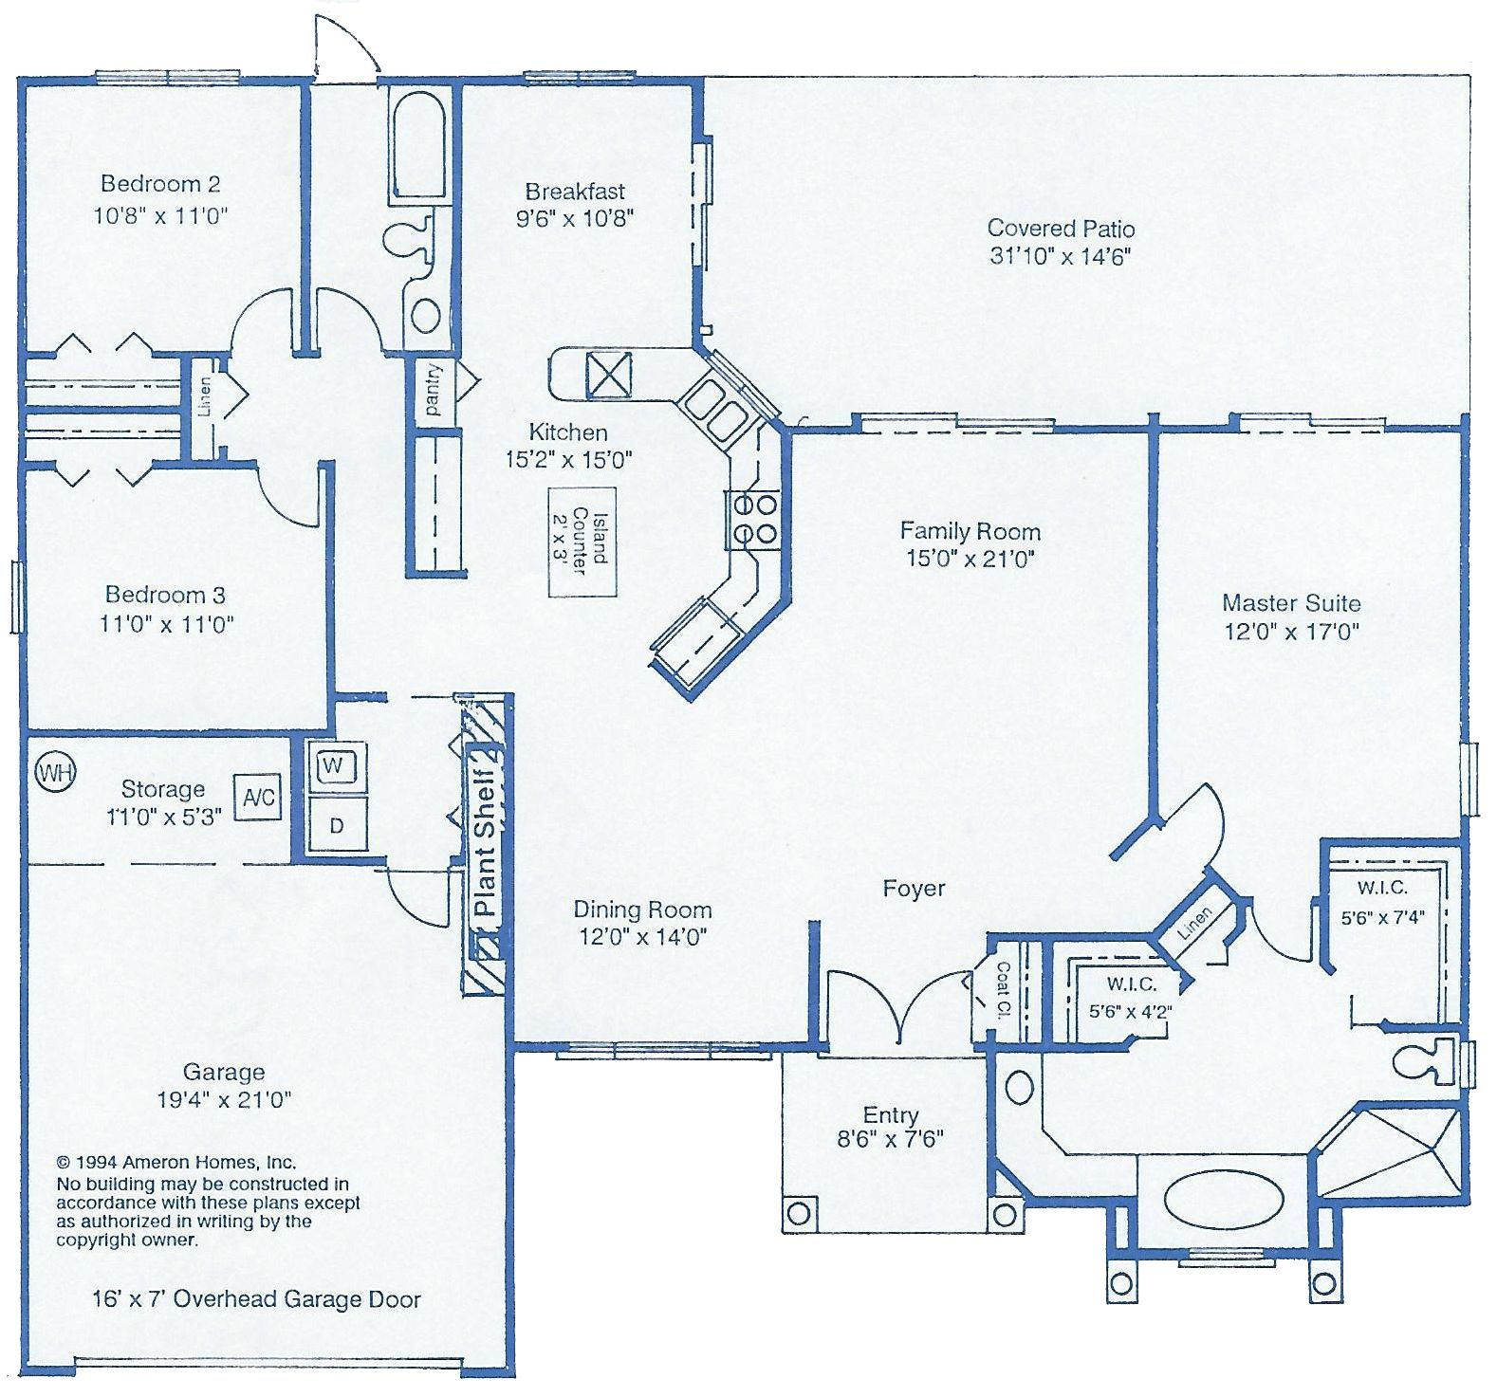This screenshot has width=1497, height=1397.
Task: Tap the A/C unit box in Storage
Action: coord(258,798)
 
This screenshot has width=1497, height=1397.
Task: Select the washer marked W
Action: coord(334,764)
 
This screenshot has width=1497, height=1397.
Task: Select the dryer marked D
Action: coord(335,824)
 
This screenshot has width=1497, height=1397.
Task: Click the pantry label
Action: coord(434,391)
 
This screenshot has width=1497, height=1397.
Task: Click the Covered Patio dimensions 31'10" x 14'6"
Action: coord(1061,256)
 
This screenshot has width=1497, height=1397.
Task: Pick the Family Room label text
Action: coord(970,531)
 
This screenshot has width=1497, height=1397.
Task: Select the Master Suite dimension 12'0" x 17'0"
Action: coord(1291,631)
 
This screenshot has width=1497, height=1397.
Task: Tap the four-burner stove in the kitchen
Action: coord(753,519)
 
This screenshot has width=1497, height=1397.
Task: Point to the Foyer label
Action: coord(914,889)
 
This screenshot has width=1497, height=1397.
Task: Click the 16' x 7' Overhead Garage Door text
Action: coord(256,1299)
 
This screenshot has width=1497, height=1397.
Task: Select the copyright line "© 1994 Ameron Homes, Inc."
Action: coord(176,1162)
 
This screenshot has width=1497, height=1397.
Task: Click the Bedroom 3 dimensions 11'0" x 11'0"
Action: coord(167,624)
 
